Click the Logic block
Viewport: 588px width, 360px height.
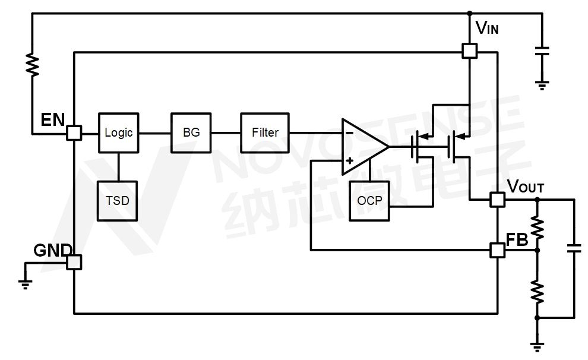tap(119, 132)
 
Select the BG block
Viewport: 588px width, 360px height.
tap(192, 132)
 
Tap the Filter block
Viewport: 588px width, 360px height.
tap(265, 132)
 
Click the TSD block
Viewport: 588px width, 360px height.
tap(118, 201)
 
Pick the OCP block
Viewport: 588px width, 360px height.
tap(369, 201)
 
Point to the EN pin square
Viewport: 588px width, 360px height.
tap(74, 132)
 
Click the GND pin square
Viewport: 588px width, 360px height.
tap(74, 262)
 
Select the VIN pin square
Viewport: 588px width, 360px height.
tap(469, 51)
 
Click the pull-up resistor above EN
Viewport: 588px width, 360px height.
tap(33, 64)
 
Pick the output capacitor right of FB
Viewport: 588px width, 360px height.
tap(574, 248)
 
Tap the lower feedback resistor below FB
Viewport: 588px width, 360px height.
tap(538, 292)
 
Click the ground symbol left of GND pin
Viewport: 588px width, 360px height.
tap(26, 282)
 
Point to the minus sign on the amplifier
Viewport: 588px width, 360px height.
tap(349, 132)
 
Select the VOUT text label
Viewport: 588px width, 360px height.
tap(526, 187)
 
